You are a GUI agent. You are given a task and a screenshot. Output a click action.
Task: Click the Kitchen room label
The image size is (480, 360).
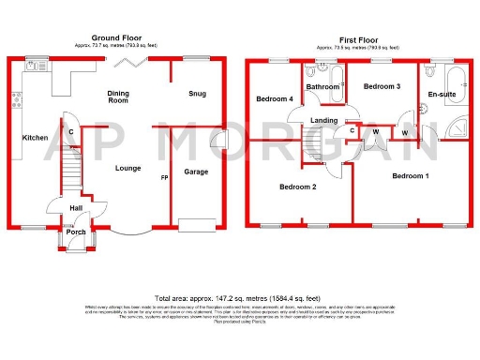pos(36,138)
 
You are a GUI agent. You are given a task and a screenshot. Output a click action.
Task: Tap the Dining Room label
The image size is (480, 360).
pos(118,97)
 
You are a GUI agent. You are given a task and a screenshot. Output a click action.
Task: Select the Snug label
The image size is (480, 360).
pos(197,93)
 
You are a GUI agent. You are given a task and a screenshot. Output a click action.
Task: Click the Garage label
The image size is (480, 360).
pos(196,172)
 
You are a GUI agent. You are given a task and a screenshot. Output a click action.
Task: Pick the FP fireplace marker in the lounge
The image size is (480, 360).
pos(164,178)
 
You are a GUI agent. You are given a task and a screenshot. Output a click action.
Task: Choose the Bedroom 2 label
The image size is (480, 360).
pos(297,187)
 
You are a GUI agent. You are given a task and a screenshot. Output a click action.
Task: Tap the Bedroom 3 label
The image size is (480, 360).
pos(382,86)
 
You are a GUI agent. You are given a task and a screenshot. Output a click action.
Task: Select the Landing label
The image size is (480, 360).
pos(324,120)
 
